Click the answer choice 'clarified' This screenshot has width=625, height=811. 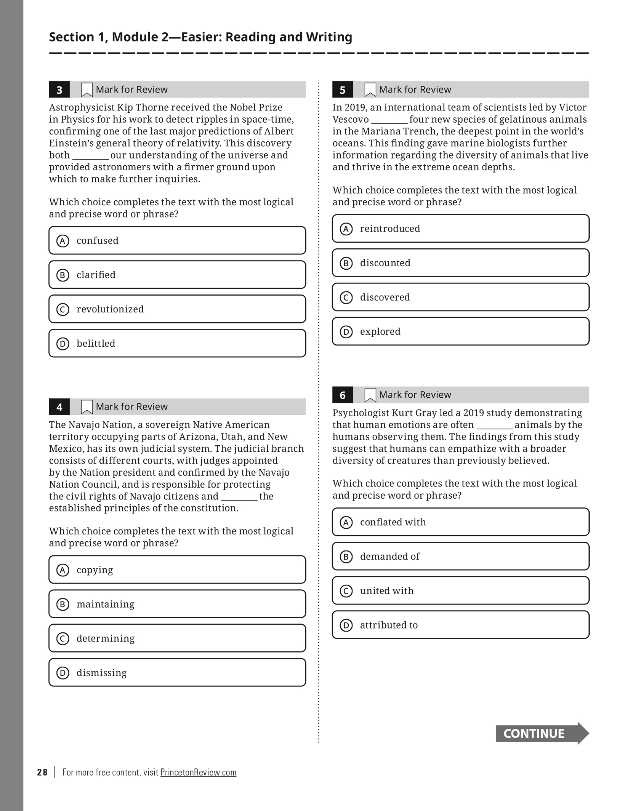click(x=177, y=275)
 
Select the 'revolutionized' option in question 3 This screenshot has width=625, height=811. click(x=177, y=309)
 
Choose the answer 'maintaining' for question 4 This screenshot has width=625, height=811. click(x=177, y=604)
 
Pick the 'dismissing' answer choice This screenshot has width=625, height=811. click(x=177, y=672)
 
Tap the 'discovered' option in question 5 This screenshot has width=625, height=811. click(x=460, y=297)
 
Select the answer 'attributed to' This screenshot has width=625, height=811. click(x=460, y=625)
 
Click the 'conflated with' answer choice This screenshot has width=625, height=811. click(x=460, y=522)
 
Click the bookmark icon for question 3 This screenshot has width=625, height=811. click(x=87, y=90)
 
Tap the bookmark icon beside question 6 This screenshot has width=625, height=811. click(x=370, y=395)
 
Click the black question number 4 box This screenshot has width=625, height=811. click(x=59, y=407)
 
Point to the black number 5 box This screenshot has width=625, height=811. click(x=342, y=90)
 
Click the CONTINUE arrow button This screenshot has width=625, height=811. click(x=542, y=733)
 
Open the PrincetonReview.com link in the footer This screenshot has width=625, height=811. click(x=198, y=772)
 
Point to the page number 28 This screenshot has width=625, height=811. click(x=42, y=772)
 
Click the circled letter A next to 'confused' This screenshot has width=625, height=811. click(x=62, y=241)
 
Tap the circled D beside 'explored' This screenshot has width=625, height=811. click(x=346, y=332)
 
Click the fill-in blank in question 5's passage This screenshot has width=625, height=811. click(x=389, y=120)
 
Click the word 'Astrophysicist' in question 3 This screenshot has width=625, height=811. click(x=82, y=107)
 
